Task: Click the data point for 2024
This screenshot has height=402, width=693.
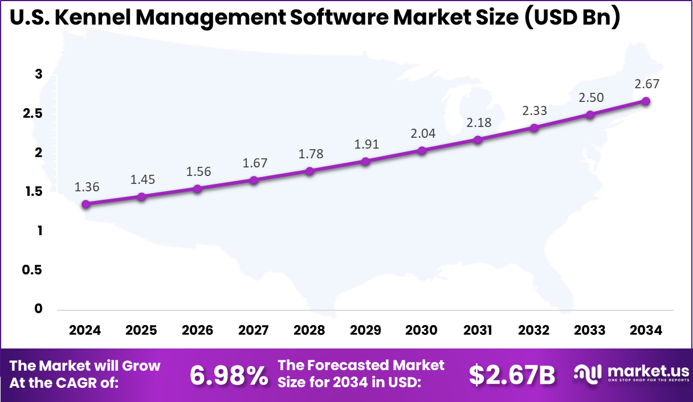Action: (x=85, y=204)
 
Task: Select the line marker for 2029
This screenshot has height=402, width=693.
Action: (x=366, y=161)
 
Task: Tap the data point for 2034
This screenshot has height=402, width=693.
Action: (x=646, y=101)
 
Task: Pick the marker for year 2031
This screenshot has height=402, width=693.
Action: (x=478, y=140)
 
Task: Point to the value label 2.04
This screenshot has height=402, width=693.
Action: (x=422, y=133)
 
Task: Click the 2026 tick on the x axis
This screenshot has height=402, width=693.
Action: (x=198, y=330)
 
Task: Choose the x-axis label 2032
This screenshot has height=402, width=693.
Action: (x=534, y=330)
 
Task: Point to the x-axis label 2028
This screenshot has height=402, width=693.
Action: (x=309, y=330)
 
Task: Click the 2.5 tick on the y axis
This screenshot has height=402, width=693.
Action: (x=32, y=113)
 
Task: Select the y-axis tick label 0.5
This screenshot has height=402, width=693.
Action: (x=32, y=270)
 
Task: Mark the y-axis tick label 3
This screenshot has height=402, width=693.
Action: (x=38, y=74)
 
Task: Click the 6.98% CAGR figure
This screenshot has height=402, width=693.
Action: (x=228, y=375)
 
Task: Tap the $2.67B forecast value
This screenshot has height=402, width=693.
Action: (x=511, y=375)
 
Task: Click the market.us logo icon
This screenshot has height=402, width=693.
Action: (x=588, y=374)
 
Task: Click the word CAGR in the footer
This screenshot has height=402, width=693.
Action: (x=92, y=383)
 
